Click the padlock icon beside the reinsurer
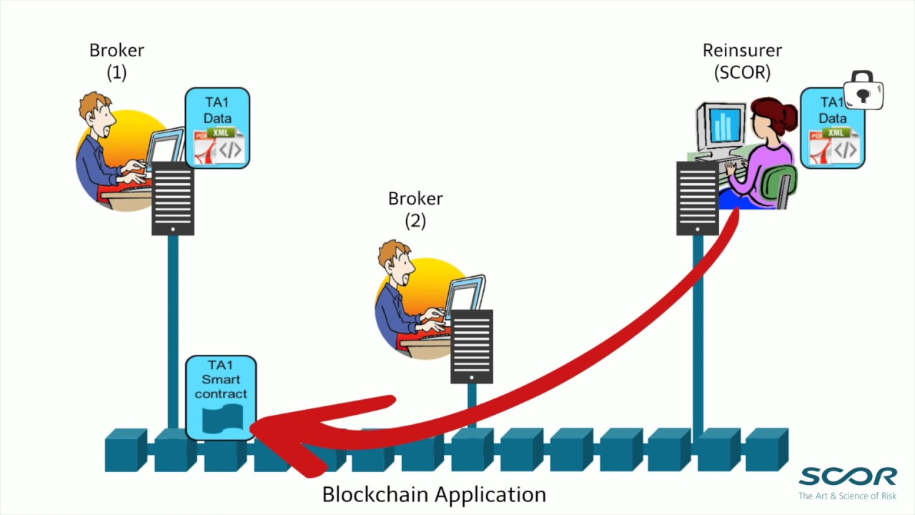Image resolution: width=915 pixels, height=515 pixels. pos(864,90)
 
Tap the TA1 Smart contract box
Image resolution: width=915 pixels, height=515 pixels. pos(220,397)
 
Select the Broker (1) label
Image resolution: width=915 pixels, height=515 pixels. pos(117,61)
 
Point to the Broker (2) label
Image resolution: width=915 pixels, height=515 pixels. pos(415,209)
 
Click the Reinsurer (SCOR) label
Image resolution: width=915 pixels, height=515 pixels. pos(742,61)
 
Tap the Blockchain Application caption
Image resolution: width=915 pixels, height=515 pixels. pos(434,494)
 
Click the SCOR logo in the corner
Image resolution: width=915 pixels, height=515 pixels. pos(847,476)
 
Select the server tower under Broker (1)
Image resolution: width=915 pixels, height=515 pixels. pos(173,197)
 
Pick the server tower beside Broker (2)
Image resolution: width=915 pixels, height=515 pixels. pos(472,346)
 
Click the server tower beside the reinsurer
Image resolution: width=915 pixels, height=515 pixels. pos(697,197)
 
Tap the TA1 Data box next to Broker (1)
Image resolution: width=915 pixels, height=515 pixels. pos(217,128)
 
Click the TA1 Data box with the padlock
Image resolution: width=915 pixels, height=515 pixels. pos(831,129)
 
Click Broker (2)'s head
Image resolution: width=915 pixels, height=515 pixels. pos(394,260)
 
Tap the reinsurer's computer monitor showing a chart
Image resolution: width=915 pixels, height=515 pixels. pos(722,126)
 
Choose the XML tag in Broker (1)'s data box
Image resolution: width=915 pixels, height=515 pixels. pos(222,133)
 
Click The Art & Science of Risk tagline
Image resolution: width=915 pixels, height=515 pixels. pos(847,496)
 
